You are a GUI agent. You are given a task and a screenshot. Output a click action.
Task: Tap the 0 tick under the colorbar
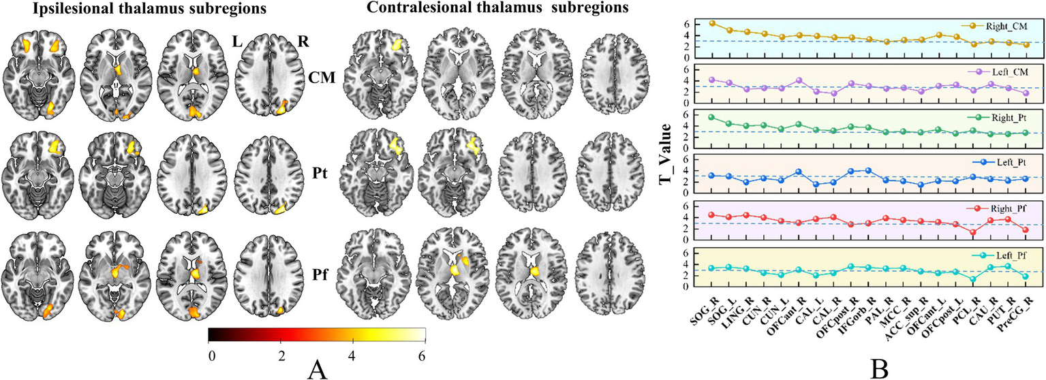click(x=212, y=355)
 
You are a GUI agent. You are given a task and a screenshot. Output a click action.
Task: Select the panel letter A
click(x=315, y=368)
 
